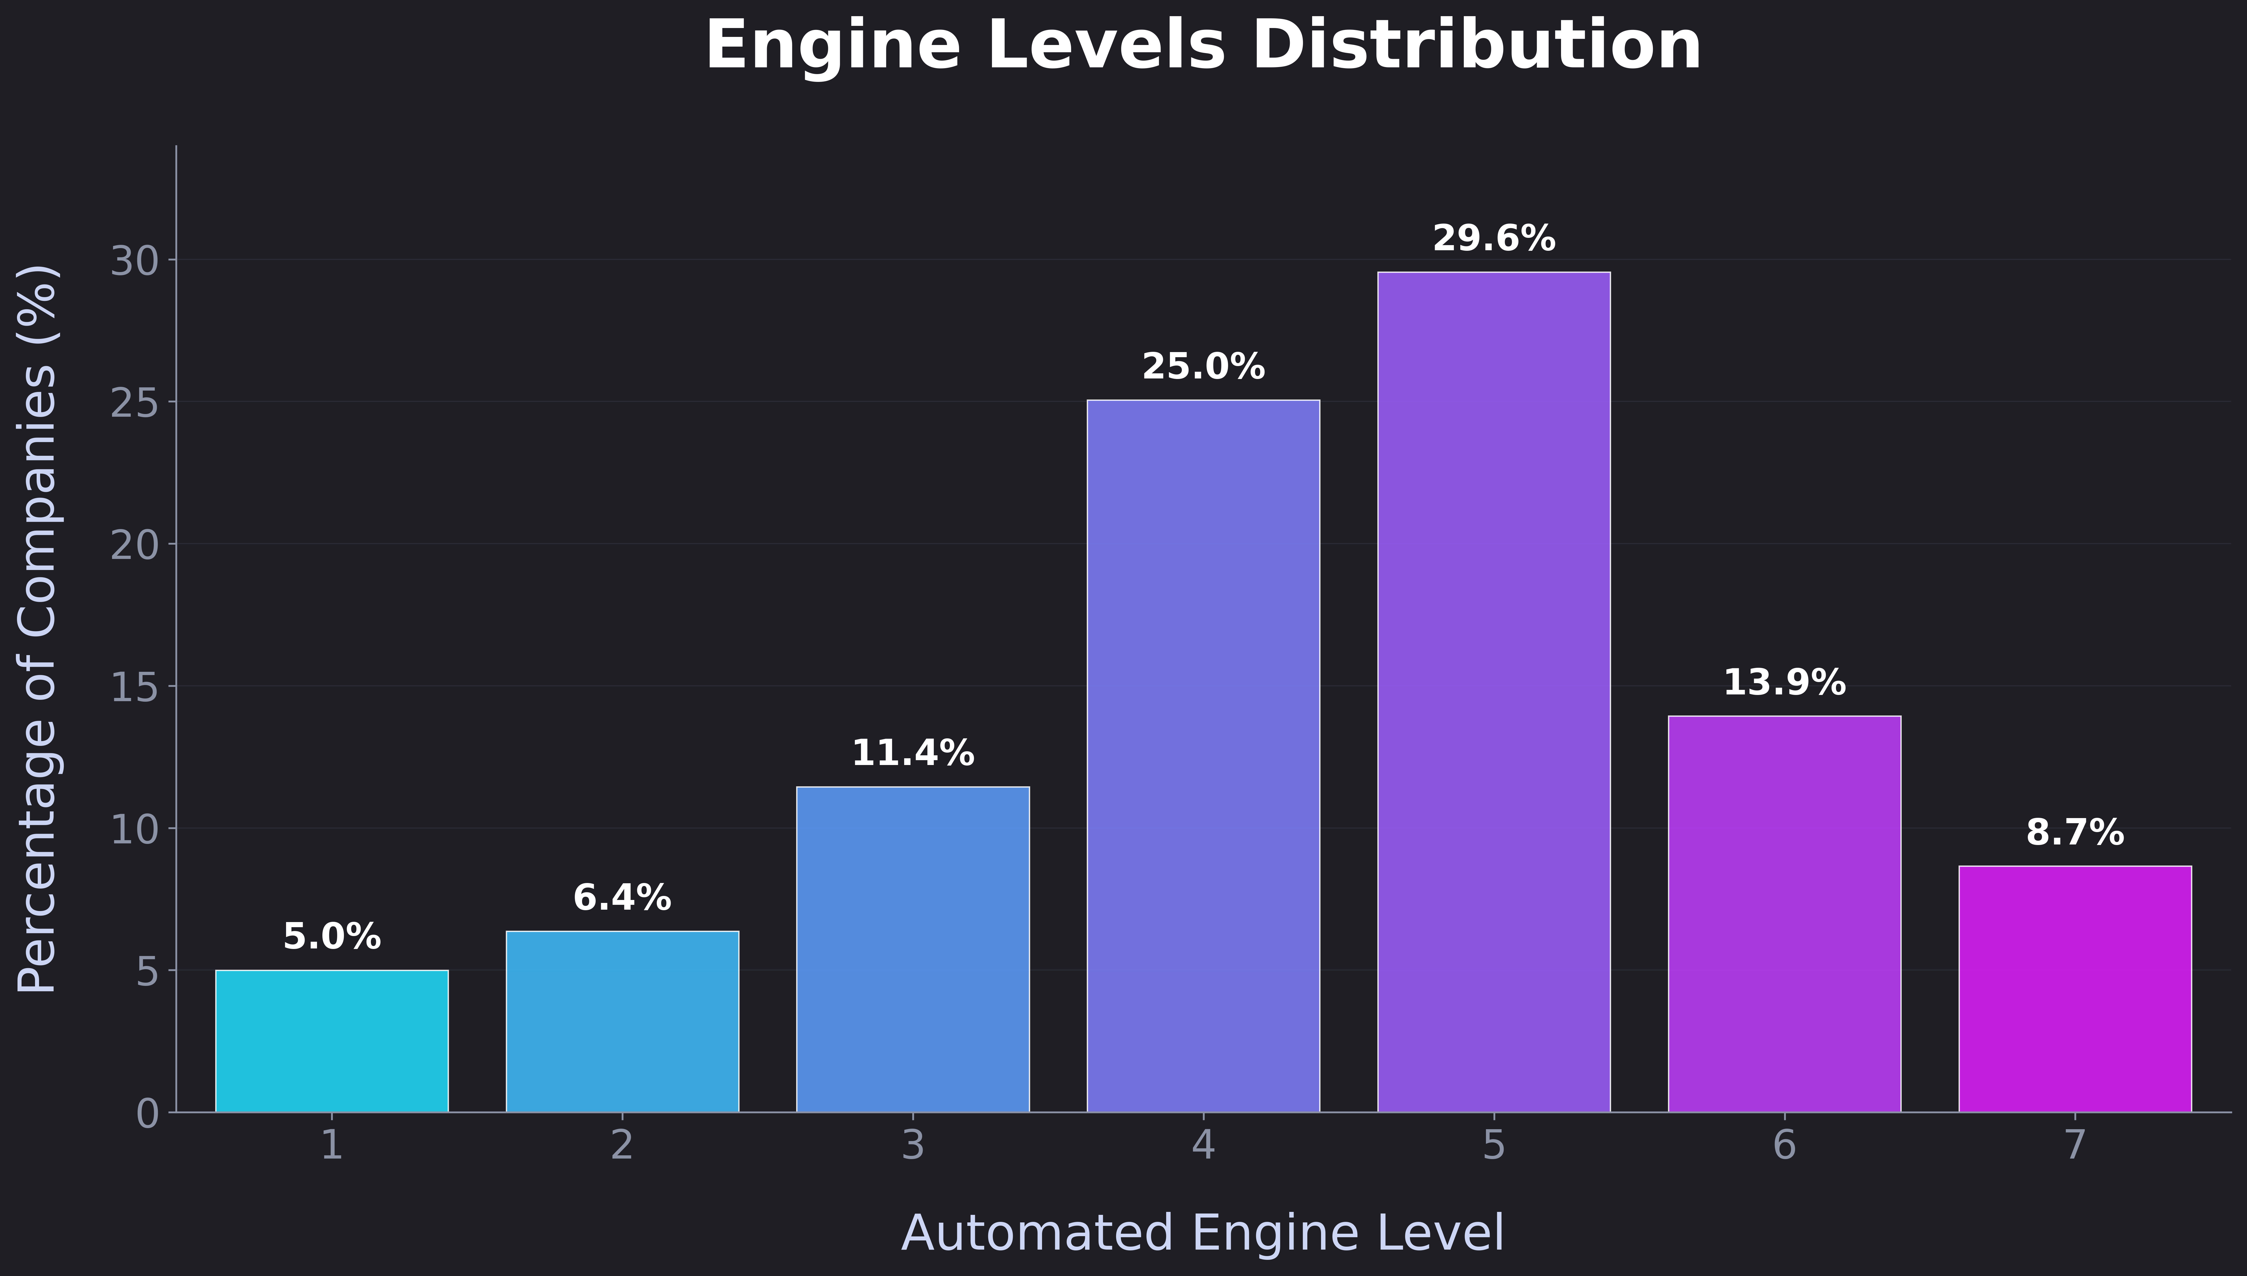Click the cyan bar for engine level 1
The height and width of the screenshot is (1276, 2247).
coord(332,1041)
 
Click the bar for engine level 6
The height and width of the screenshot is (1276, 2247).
coord(1785,914)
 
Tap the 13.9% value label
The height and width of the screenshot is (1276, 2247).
coord(1785,683)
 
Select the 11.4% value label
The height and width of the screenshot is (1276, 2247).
coord(913,754)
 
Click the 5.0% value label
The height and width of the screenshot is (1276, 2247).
coord(332,937)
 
